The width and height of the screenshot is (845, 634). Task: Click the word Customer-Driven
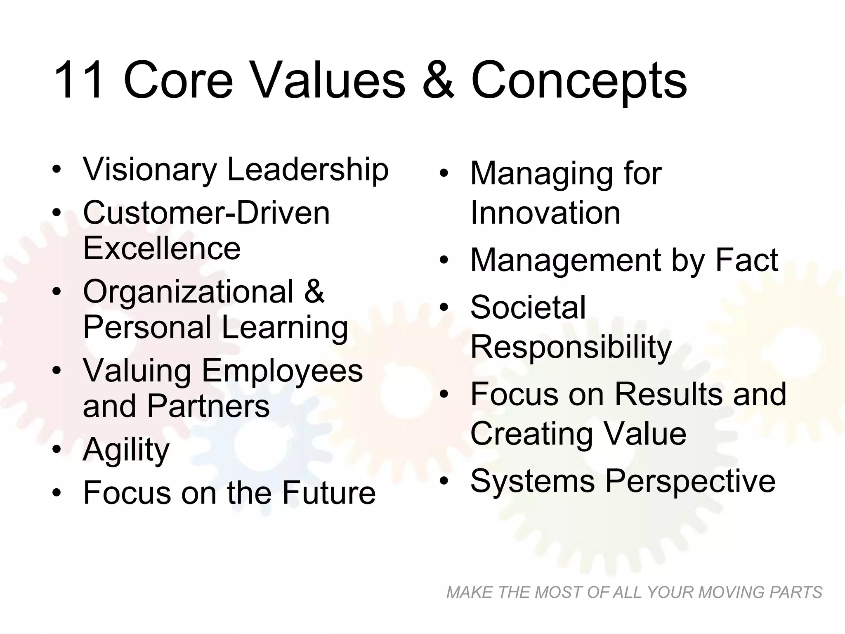[206, 213]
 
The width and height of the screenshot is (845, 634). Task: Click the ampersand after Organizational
[314, 291]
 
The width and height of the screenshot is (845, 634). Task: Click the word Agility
[126, 450]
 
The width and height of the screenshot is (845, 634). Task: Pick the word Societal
[528, 308]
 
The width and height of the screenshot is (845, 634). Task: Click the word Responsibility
[571, 347]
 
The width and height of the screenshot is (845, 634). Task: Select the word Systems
[533, 481]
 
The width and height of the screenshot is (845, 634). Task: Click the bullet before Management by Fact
[444, 260]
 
